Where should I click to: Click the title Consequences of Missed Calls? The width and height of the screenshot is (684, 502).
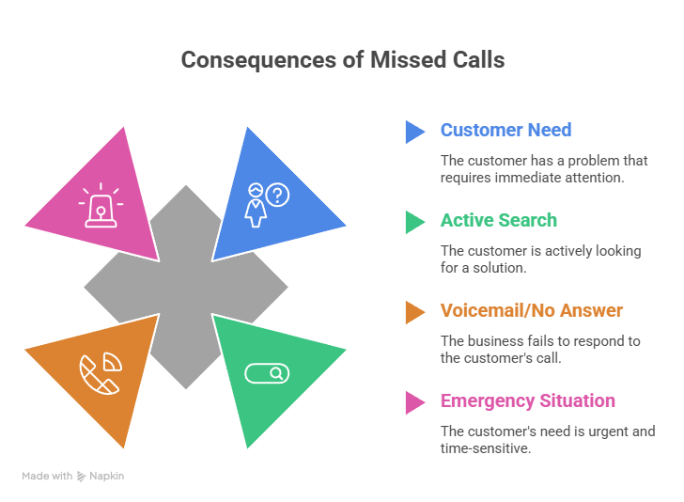342,59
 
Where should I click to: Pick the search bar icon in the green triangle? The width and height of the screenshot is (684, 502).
267,373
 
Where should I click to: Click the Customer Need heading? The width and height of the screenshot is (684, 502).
505,130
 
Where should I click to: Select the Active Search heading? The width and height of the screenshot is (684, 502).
499,220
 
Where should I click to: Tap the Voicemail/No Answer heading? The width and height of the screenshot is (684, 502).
531,310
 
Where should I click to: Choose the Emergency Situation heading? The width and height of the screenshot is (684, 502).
527,400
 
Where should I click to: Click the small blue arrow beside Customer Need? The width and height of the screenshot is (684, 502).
414,131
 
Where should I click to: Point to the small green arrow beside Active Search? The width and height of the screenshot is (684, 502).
414,221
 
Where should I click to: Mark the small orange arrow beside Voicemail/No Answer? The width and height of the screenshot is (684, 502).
414,311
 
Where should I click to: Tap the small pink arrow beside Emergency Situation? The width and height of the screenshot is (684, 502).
414,401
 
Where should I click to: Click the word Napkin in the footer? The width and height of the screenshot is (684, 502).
106,477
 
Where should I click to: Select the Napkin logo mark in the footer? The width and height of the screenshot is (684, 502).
82,477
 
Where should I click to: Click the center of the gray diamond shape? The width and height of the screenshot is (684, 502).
185,286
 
